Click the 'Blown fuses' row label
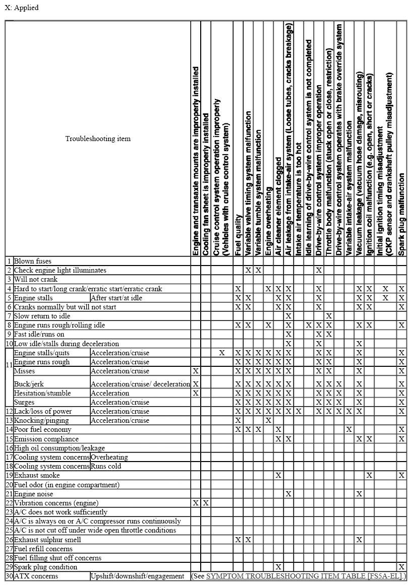[33, 261]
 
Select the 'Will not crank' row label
[36, 279]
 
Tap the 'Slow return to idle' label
[42, 316]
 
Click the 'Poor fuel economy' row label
[42, 429]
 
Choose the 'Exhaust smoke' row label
[37, 475]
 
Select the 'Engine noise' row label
[33, 494]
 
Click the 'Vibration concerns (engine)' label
[56, 503]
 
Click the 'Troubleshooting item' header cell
[98, 139]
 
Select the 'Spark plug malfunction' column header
[401, 214]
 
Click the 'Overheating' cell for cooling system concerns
[109, 457]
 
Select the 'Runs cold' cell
[105, 466]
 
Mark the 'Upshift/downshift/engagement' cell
[137, 576]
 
